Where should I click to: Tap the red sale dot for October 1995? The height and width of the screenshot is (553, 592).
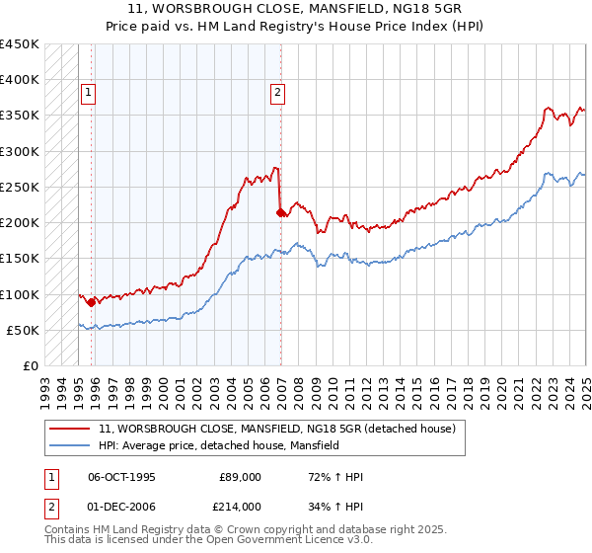[x=92, y=302]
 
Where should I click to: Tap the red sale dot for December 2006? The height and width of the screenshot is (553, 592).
[x=280, y=211]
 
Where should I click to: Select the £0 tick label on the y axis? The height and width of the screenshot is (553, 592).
[x=31, y=365]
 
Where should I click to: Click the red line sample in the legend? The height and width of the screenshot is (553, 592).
[x=71, y=430]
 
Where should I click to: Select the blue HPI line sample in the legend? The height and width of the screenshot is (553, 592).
[x=71, y=445]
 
